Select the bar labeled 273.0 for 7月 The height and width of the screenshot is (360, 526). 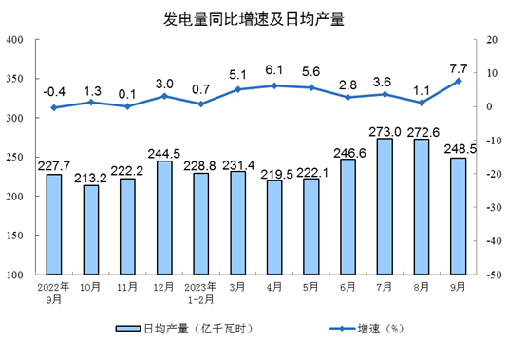pos(385,206)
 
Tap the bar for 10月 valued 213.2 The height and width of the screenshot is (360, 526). pos(91,229)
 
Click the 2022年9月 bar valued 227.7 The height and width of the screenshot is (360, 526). pos(54,223)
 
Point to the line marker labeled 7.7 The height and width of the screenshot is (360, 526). pos(459,81)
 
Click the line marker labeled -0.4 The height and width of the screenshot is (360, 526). pos(54,107)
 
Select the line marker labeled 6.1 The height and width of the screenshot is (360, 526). pos(274,85)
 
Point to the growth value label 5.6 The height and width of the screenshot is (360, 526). pos(311,72)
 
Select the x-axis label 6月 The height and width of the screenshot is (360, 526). pos(348,285)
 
